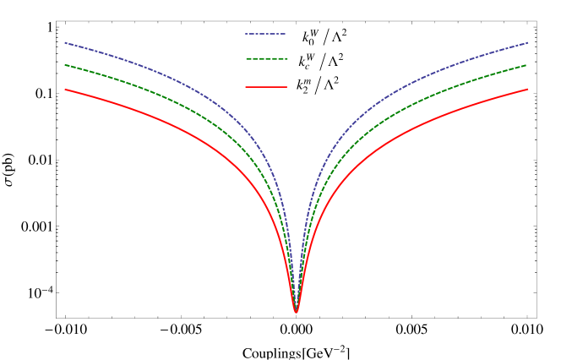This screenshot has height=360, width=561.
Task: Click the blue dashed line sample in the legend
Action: (x=265, y=35)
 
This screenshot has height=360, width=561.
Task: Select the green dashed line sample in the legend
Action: (x=265, y=58)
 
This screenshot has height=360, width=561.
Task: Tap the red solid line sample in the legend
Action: (x=265, y=86)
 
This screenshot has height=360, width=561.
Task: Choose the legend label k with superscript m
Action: (x=302, y=85)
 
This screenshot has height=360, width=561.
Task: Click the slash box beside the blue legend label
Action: (x=325, y=37)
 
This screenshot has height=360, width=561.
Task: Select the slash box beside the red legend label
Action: (x=318, y=85)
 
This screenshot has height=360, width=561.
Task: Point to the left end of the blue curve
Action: (x=65, y=42)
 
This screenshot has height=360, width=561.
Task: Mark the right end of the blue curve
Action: (x=527, y=42)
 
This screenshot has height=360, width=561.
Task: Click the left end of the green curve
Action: (x=65, y=64)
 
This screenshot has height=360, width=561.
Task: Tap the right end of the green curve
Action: (x=527, y=64)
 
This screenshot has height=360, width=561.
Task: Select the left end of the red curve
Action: (x=65, y=89)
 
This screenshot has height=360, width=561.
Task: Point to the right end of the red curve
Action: (x=527, y=89)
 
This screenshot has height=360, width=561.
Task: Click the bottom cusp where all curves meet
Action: (x=296, y=312)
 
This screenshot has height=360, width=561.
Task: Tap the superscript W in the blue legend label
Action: (x=314, y=33)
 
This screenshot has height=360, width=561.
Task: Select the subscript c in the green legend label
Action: (x=308, y=66)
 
